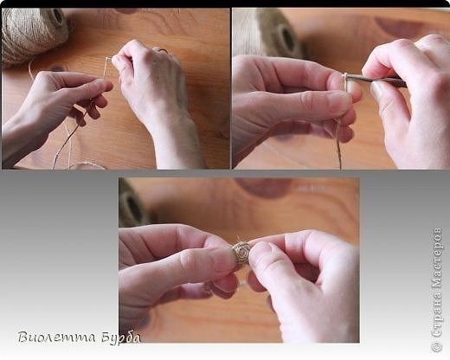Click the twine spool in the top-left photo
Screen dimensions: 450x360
point(33,35)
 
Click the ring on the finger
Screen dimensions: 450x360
point(162,51)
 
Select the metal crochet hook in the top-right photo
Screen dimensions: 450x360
point(375,79)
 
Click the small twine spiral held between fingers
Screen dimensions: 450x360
point(241,254)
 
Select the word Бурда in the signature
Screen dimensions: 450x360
point(121,337)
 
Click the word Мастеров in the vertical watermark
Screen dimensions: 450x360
point(437,258)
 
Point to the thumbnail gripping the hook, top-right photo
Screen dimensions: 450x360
point(377,90)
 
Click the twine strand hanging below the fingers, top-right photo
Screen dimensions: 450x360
point(338,145)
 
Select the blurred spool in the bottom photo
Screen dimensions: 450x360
point(132,202)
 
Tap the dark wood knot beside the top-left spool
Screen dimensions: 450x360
point(58,68)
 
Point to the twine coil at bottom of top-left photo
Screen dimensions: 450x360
point(87,166)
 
